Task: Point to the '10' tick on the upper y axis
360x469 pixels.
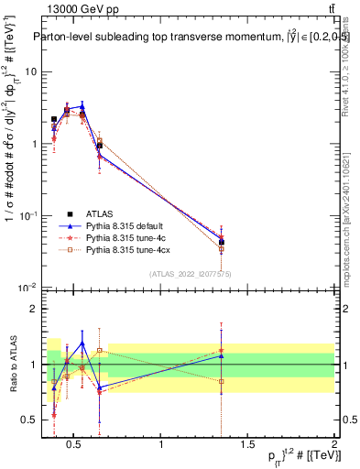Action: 31,71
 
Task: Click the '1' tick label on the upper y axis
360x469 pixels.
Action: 33,144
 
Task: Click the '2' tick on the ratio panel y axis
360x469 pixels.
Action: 33,309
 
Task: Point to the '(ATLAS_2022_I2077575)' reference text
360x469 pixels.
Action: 191,273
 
